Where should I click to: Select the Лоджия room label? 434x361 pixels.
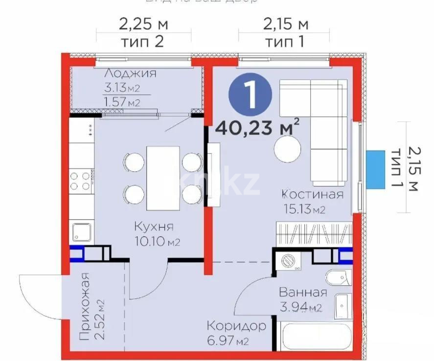(x=130, y=74)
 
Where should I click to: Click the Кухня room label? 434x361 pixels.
(x=154, y=227)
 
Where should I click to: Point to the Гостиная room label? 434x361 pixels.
(x=312, y=194)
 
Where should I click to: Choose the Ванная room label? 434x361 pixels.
(x=302, y=293)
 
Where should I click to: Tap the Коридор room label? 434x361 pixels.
(x=236, y=325)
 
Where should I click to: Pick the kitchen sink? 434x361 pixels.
(x=82, y=232)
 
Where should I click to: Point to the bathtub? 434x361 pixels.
(x=314, y=337)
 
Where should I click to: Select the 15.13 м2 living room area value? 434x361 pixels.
(x=304, y=209)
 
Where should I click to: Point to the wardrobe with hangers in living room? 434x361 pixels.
(x=313, y=234)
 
